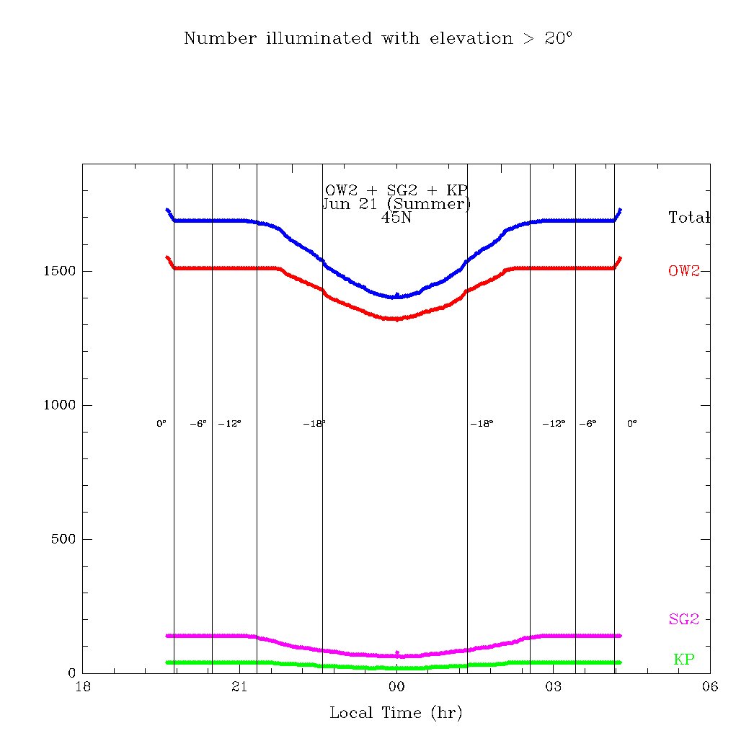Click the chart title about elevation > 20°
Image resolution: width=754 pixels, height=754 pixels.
pos(378,38)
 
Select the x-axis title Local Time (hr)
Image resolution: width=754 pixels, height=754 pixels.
pos(396,713)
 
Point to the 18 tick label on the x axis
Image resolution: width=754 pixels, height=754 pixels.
pos(83,687)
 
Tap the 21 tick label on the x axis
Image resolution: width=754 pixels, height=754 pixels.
pos(239,687)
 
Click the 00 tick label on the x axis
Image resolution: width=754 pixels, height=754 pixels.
pos(396,687)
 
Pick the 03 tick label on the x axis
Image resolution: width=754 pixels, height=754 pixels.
pos(553,687)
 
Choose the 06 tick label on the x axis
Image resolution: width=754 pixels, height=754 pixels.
pos(709,687)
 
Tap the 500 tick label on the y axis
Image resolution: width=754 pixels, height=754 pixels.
pos(63,539)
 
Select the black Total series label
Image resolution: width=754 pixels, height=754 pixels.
pos(689,217)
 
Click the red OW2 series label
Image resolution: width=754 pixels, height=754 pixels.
pos(684,271)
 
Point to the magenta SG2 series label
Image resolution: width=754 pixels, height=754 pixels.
pos(684,618)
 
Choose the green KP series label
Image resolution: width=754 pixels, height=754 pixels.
pos(684,659)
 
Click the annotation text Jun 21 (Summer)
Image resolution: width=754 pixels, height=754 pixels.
pos(396,203)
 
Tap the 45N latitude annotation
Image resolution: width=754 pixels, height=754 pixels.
pos(396,217)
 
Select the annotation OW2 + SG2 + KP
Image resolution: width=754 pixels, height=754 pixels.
pos(396,190)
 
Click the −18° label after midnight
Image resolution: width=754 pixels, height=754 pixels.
pos(482,424)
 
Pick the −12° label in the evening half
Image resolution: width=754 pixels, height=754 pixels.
pos(230,424)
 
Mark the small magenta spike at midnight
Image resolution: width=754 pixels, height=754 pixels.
pos(397,652)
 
